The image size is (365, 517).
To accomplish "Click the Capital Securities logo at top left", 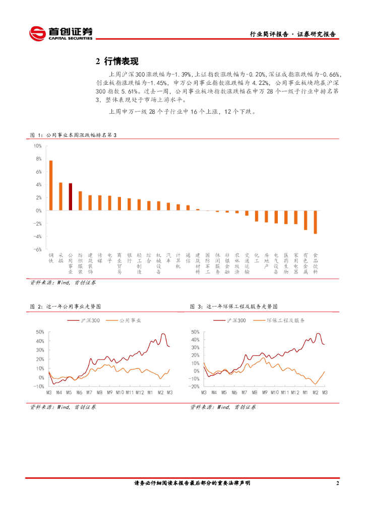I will [60, 33].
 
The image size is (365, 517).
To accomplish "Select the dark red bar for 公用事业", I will [71, 197].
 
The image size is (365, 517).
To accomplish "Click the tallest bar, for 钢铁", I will [51, 185].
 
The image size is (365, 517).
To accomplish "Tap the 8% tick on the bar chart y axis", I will [38, 159].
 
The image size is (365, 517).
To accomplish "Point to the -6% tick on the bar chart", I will [37, 249].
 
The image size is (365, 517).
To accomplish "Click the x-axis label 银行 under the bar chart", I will [130, 258].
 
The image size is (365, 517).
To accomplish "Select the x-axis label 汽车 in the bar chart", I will [169, 258].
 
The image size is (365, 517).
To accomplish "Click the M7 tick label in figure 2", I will [89, 392].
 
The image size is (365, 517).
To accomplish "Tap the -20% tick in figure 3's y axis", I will [194, 386].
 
